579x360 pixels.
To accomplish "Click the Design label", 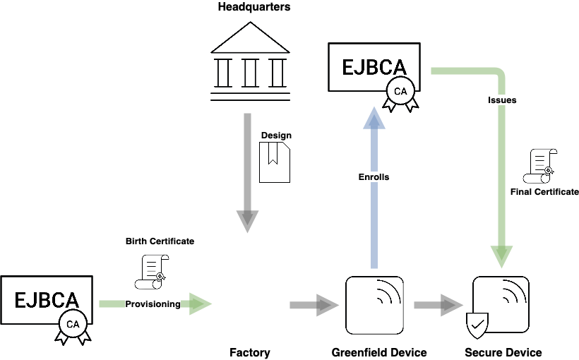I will tap(276, 136).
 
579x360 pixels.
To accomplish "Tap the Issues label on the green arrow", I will tap(502, 100).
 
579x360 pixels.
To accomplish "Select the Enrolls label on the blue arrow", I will tap(374, 177).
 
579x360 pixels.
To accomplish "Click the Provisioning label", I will tap(153, 304).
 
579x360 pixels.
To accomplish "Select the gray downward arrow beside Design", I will tap(247, 173).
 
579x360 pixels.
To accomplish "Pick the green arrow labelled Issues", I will tap(502, 162).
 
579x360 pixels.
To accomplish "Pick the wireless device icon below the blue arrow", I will tap(374, 305).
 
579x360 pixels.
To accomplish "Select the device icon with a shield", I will tap(500, 306).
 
